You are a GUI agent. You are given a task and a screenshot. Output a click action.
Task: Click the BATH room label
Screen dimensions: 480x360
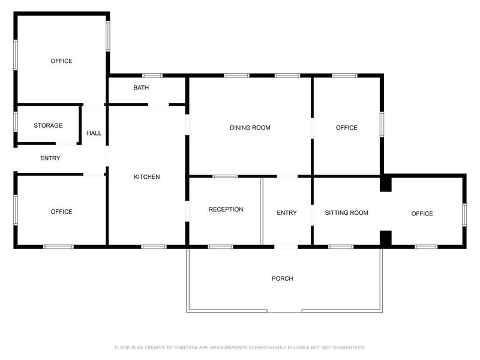141,88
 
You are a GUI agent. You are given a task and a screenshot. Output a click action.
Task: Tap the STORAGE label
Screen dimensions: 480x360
48,125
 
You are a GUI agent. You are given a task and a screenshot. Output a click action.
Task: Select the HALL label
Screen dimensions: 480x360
94,133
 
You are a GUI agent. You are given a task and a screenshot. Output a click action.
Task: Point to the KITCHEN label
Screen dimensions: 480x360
147,177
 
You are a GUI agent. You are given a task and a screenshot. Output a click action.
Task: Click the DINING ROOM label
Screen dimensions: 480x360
250,128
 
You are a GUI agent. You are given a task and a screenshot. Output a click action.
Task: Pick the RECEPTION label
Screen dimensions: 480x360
226,209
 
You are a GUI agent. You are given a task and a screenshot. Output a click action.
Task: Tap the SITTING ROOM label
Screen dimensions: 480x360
347,213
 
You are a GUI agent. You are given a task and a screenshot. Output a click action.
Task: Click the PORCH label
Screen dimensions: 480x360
283,278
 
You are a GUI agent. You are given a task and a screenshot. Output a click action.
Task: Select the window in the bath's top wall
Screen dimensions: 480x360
152,76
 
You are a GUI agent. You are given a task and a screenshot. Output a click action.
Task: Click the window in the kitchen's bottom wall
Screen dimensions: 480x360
154,247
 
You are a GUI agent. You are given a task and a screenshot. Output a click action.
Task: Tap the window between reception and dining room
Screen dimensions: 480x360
225,176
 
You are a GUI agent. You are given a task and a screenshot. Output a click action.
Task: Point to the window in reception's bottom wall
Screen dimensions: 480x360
220,247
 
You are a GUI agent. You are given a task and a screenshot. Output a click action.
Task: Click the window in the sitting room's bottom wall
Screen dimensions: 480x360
341,247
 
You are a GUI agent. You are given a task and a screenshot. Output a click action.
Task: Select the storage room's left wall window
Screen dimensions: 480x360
16,122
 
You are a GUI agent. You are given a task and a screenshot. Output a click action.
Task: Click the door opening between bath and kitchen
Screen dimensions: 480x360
158,104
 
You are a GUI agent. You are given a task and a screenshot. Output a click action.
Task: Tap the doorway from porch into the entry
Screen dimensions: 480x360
286,247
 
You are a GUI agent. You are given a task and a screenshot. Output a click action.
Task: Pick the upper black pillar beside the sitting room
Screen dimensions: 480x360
386,184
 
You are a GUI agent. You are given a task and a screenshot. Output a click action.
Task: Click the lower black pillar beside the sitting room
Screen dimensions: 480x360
386,238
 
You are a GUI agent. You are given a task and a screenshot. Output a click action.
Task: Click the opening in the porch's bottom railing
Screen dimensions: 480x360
284,311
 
